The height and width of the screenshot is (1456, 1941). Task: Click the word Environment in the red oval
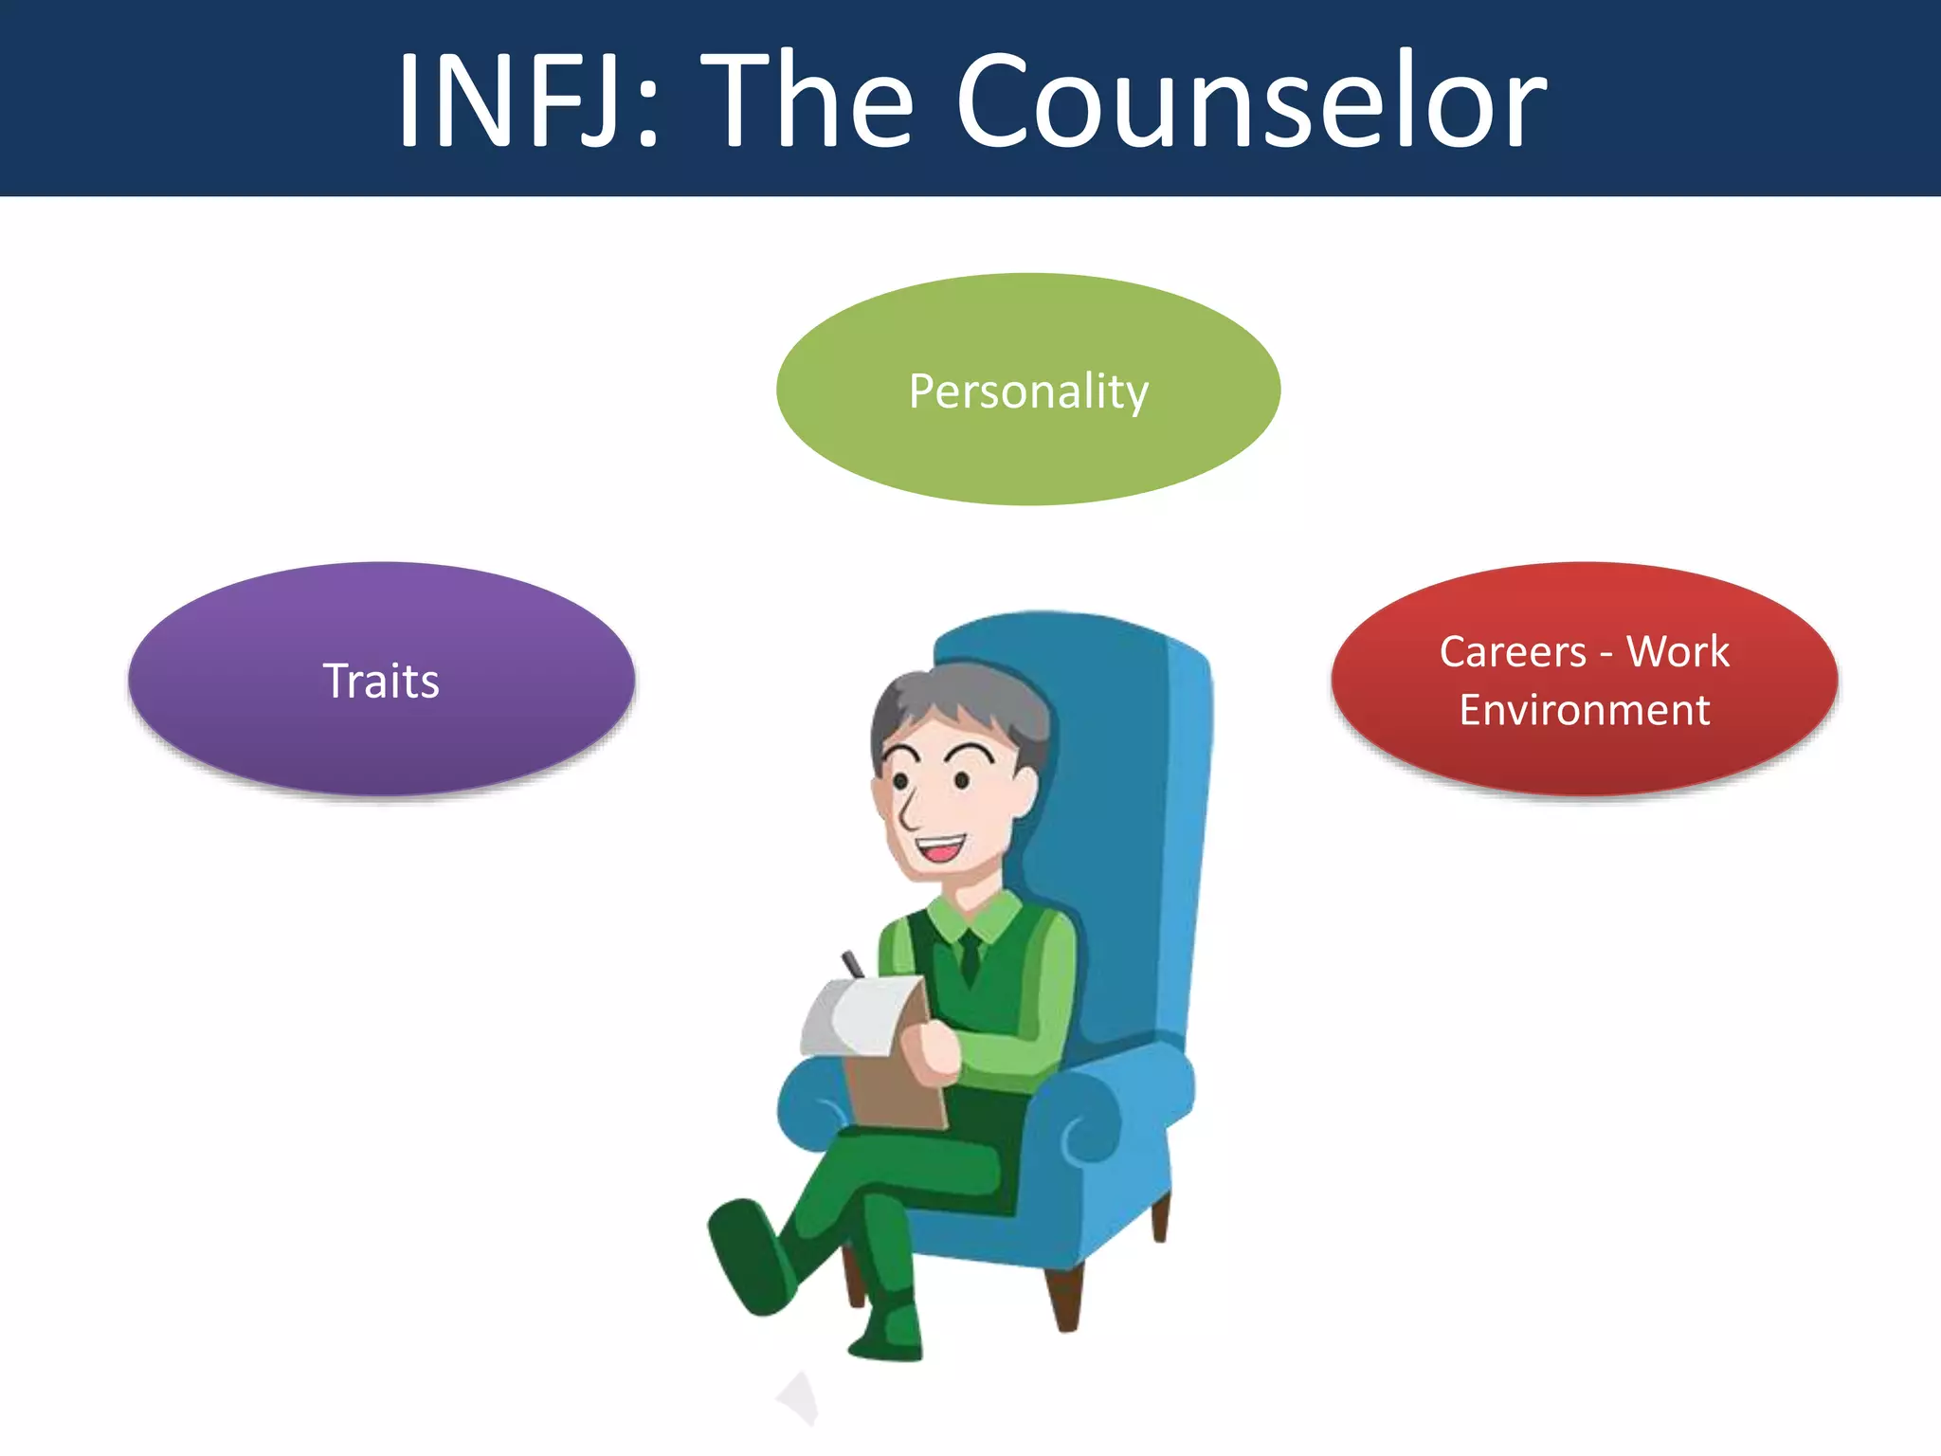tap(1585, 710)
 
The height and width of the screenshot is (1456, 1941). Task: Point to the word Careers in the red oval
tap(1513, 652)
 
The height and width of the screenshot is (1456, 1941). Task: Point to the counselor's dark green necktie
tap(969, 957)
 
